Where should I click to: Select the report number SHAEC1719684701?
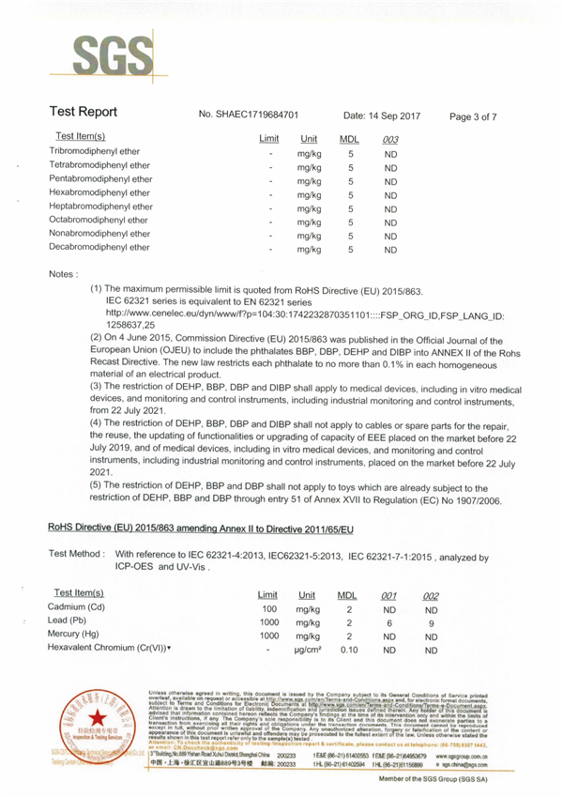(x=249, y=115)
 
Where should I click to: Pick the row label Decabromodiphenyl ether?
(x=99, y=248)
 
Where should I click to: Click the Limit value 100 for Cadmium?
(x=268, y=609)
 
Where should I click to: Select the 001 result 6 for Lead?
(x=390, y=622)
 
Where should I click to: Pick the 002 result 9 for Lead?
(x=432, y=622)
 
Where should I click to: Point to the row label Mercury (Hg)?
(x=84, y=636)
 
